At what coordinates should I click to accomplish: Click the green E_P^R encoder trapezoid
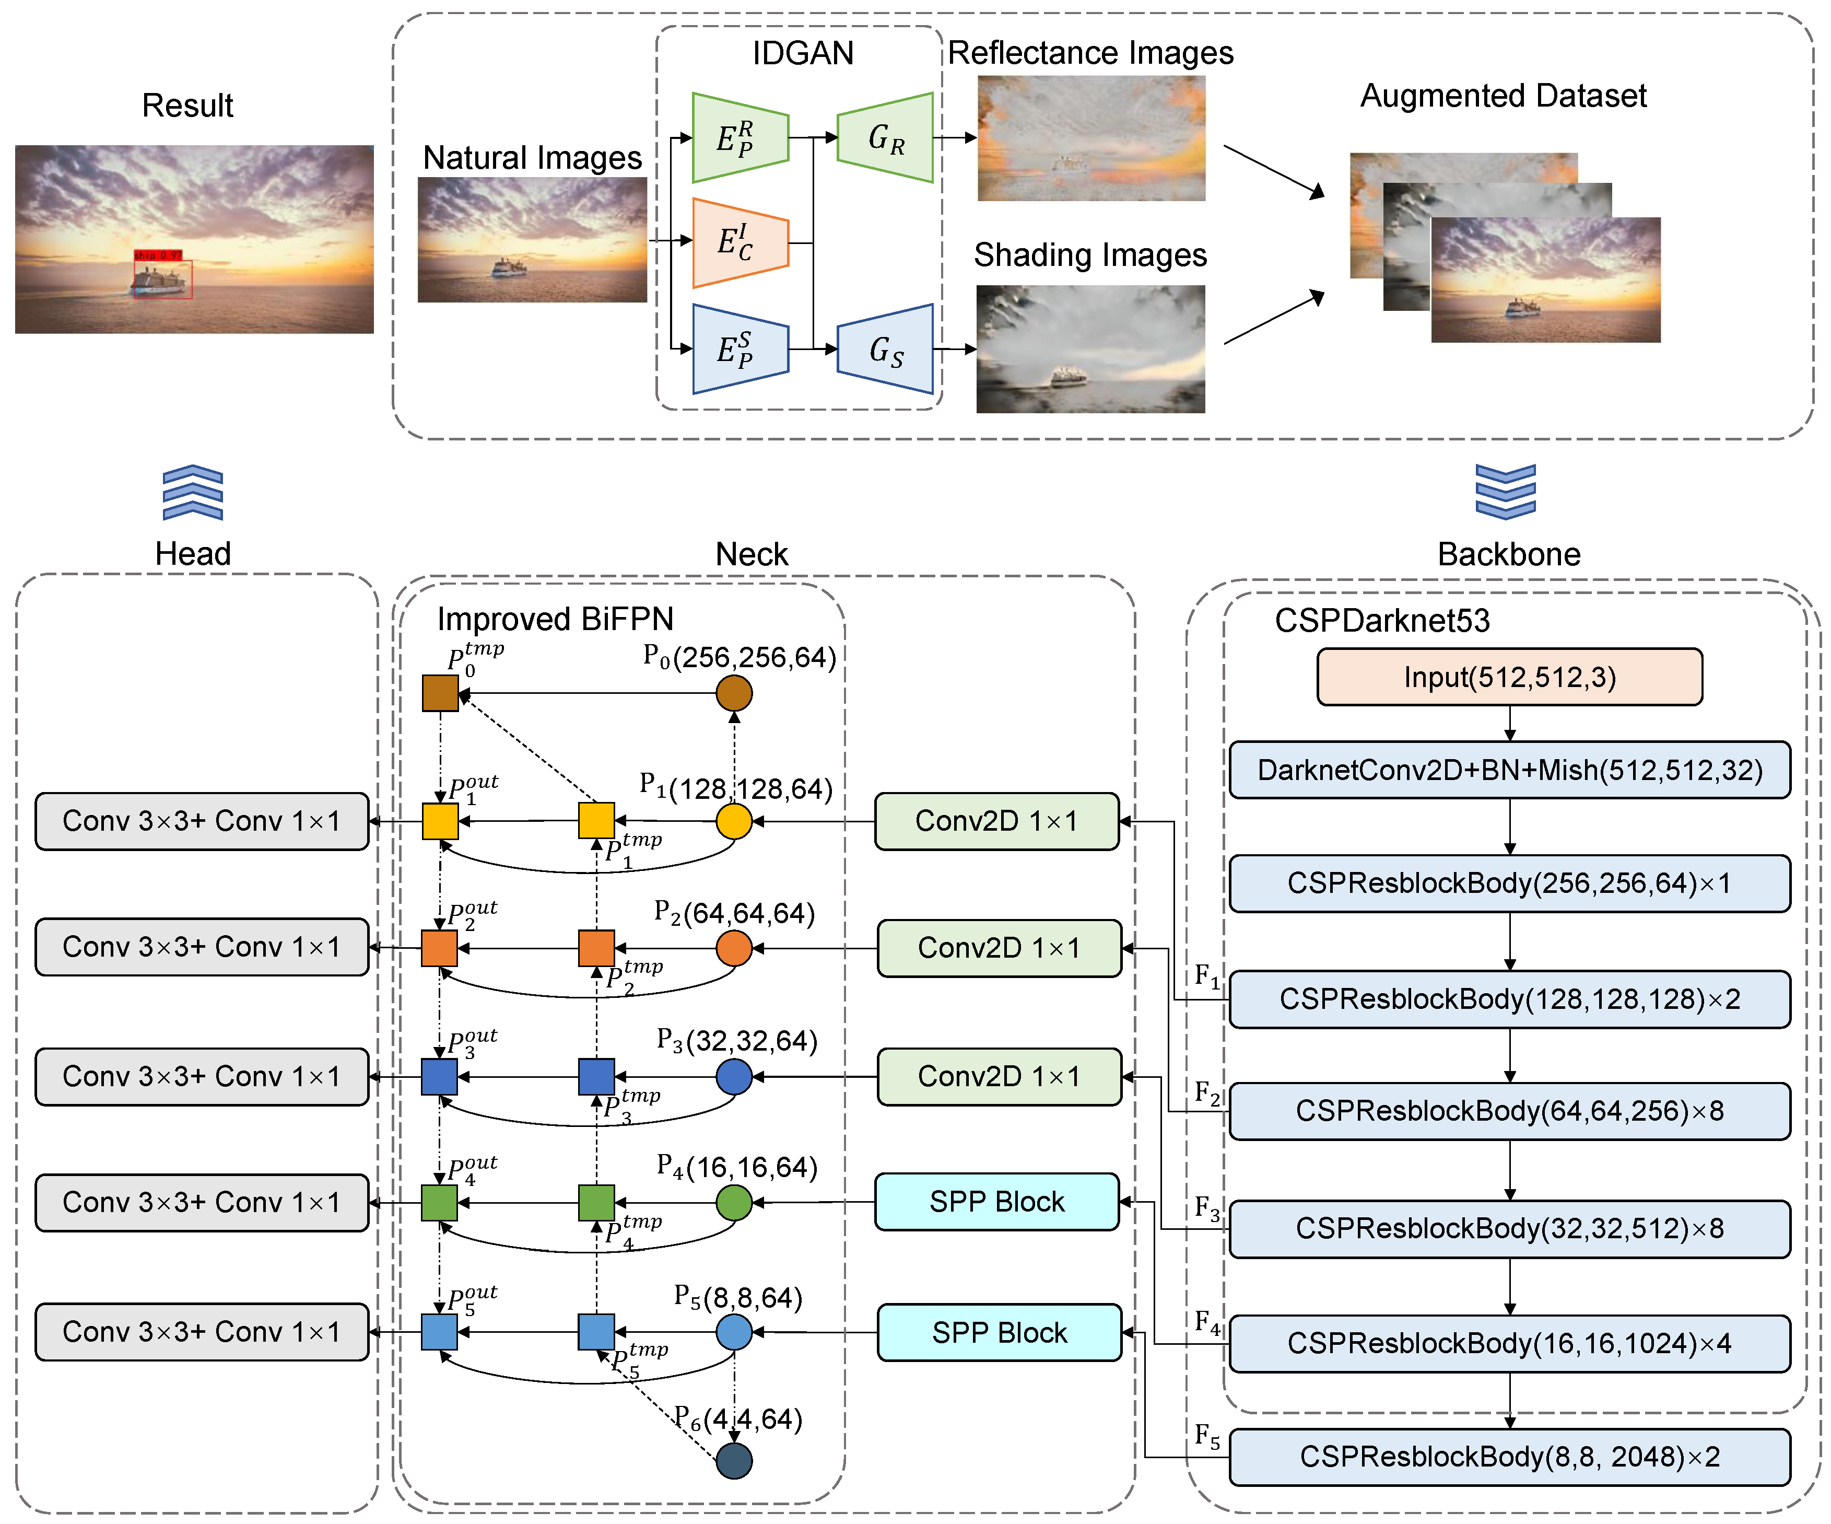pyautogui.click(x=740, y=138)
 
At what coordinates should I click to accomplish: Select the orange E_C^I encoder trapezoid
pyautogui.click(x=740, y=242)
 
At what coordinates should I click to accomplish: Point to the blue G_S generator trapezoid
pyautogui.click(x=885, y=349)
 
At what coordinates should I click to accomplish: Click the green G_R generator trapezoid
pyautogui.click(x=885, y=138)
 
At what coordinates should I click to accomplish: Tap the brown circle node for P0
pyautogui.click(x=734, y=693)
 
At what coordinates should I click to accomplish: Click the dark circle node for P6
pyautogui.click(x=734, y=1460)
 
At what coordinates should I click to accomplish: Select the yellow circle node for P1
pyautogui.click(x=734, y=821)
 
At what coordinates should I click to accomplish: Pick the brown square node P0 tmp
pyautogui.click(x=440, y=693)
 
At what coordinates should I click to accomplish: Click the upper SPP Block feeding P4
pyautogui.click(x=996, y=1202)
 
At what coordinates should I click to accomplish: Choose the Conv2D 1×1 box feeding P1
pyautogui.click(x=996, y=821)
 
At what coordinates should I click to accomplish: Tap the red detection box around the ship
pyautogui.click(x=162, y=279)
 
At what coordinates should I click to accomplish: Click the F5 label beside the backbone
pyautogui.click(x=1207, y=1436)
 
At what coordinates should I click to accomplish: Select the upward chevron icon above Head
pyautogui.click(x=193, y=493)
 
